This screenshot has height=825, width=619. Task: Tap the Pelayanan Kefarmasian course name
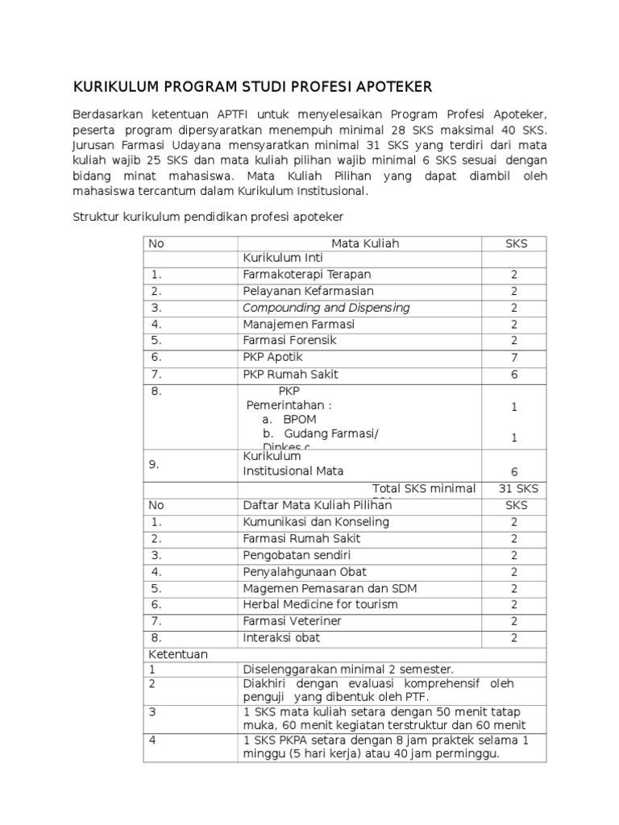tap(308, 291)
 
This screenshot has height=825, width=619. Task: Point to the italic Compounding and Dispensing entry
tap(326, 308)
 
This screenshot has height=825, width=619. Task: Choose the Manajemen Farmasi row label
tap(298, 325)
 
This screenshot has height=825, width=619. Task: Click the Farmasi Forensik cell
tap(289, 340)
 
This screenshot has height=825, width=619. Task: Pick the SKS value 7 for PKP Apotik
tap(514, 358)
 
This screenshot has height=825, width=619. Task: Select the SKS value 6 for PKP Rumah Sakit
tap(514, 375)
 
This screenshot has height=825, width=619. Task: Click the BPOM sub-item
tap(299, 420)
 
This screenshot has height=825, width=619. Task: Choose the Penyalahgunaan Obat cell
tap(305, 572)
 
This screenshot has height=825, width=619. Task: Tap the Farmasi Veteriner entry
tap(292, 621)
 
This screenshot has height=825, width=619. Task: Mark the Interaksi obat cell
tap(281, 637)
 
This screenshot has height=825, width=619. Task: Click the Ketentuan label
tap(177, 654)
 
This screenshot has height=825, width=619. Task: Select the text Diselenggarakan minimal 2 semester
tap(348, 669)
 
